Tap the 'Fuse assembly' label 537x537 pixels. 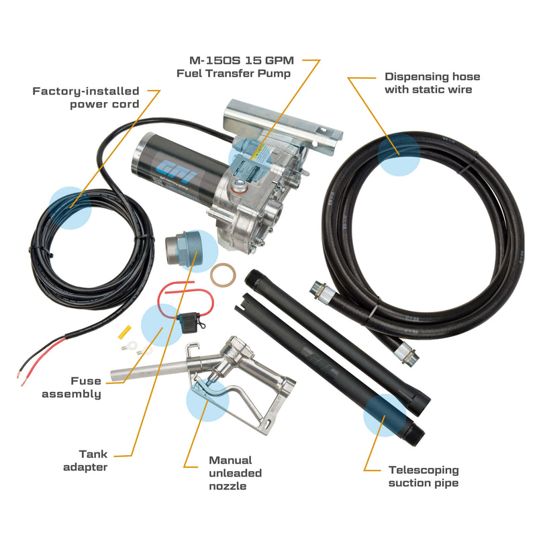(72, 387)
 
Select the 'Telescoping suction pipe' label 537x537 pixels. (424, 476)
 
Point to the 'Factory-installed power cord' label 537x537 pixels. (86, 97)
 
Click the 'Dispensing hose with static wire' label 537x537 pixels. (432, 83)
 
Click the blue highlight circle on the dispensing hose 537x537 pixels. (399, 154)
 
